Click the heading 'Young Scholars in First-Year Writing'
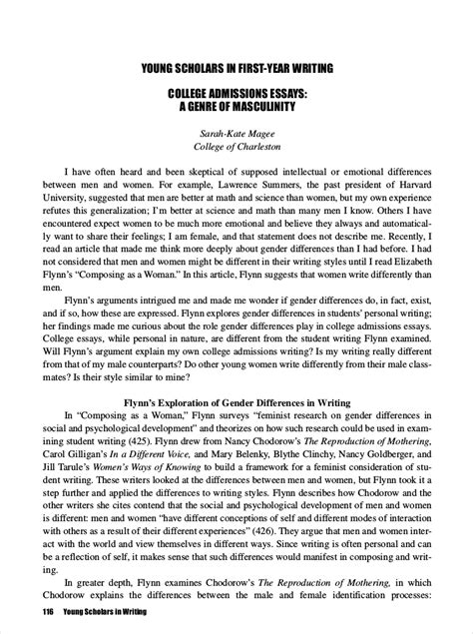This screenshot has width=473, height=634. click(x=236, y=68)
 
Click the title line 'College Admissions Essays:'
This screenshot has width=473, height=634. click(x=236, y=94)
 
